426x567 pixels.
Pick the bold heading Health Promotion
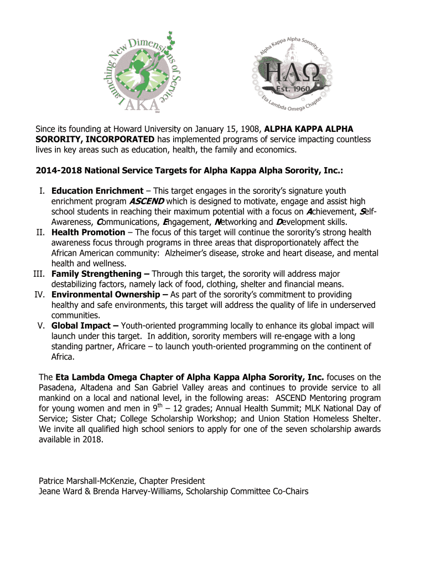click(89, 233)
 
